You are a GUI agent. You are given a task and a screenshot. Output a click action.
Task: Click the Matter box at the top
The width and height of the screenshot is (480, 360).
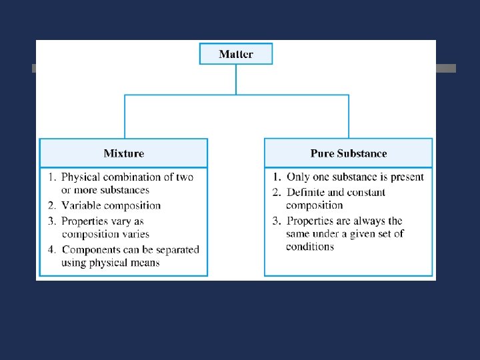coord(236,54)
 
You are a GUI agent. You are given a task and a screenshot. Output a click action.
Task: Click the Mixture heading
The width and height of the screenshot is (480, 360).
coord(123,153)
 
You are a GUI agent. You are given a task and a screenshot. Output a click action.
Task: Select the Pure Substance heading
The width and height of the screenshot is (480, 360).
coord(348,153)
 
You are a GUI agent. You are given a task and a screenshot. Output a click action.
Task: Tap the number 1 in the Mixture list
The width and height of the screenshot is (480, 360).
coord(51,177)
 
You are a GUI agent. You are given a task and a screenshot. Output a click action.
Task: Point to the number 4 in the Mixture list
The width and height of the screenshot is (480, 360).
coord(51,249)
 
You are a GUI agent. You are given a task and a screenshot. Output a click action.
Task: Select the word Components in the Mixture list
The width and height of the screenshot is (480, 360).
coord(90,249)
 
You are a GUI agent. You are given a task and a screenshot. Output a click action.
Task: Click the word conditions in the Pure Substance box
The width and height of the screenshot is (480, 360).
coord(310,247)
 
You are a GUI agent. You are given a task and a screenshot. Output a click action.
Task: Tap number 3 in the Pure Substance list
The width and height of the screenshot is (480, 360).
coord(276,221)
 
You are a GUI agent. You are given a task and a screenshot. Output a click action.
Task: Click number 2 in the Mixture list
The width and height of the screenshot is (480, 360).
coord(51,205)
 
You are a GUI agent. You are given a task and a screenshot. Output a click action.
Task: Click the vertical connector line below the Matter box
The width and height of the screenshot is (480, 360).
coord(236,79)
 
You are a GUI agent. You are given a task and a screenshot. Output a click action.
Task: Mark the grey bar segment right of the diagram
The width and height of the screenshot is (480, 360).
coord(446,68)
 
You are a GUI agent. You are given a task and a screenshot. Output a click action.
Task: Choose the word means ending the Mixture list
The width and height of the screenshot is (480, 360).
coord(145,263)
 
